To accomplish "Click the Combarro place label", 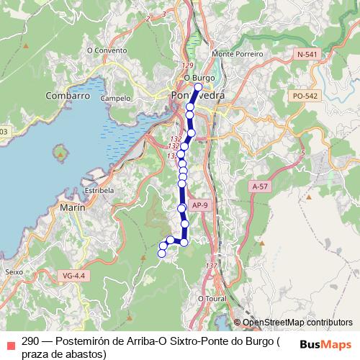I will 67,95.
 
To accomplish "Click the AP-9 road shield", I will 200,204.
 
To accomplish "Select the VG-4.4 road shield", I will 73,276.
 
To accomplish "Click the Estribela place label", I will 99,190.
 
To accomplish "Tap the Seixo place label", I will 14,272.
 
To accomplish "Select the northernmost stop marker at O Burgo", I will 198,86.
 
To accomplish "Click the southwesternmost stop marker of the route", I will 162,253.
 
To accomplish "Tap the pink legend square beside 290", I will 9,343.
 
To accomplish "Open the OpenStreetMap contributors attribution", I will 297,323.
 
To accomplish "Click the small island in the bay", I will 59,153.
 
